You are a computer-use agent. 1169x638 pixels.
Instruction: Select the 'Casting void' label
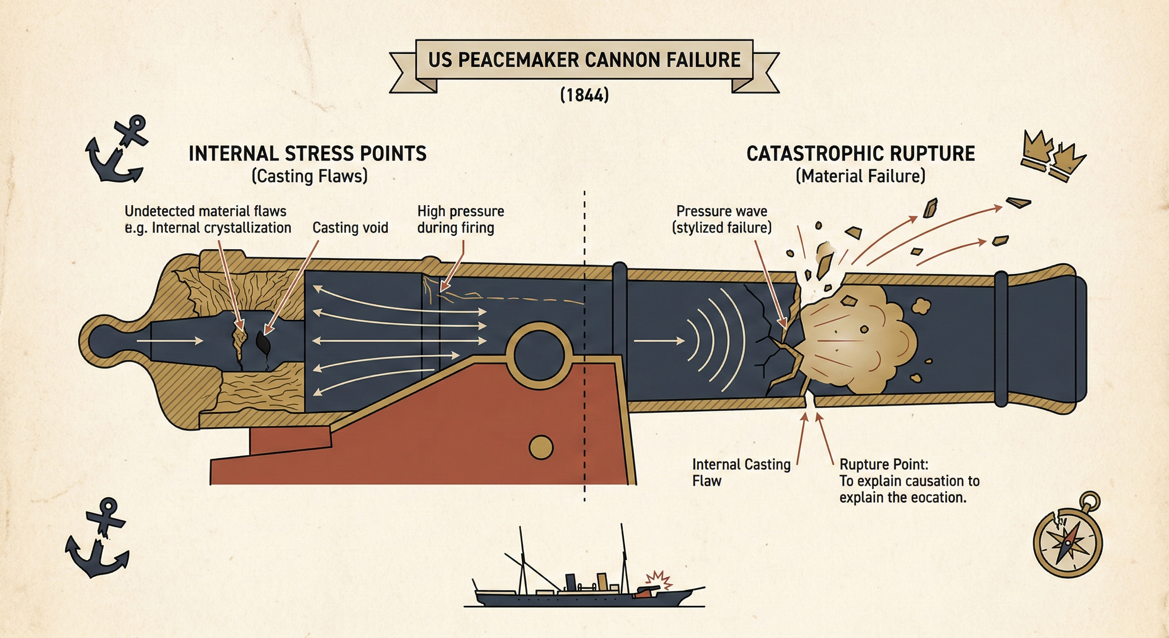[350, 228]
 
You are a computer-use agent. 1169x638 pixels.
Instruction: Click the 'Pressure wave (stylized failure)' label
[721, 219]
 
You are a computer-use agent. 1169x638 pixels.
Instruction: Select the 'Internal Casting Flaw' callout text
[741, 472]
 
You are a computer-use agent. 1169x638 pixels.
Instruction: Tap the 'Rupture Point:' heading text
[883, 464]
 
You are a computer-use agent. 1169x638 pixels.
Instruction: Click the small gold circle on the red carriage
[541, 447]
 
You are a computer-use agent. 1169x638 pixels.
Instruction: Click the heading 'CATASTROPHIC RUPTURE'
[861, 154]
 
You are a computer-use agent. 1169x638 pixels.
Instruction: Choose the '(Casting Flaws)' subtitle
[310, 176]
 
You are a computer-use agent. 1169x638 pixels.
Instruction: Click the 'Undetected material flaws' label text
[205, 211]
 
